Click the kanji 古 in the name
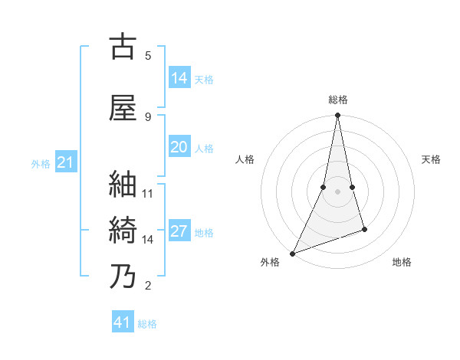(x=123, y=47)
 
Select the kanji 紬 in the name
(x=123, y=184)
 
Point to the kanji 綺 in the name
(x=123, y=231)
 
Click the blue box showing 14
(x=179, y=78)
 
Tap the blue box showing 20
(x=179, y=148)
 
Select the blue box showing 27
(x=179, y=232)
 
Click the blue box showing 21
(x=65, y=162)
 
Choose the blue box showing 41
(x=123, y=322)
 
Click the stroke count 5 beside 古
(x=148, y=55)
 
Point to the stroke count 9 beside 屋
(x=148, y=116)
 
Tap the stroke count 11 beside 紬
(x=148, y=193)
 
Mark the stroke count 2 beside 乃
(x=148, y=286)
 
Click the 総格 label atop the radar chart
(x=337, y=100)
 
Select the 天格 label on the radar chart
(x=431, y=159)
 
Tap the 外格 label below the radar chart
(x=270, y=262)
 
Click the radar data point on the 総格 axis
(x=337, y=116)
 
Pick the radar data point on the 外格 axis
(x=293, y=253)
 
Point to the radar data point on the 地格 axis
(x=364, y=229)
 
